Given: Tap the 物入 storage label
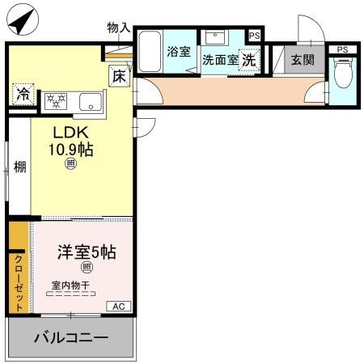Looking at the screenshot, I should point(118,28).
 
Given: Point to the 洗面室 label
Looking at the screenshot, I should point(220,59).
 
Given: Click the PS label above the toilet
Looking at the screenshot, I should point(342,49).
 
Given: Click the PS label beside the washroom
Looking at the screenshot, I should point(255,36).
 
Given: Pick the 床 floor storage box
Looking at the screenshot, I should point(118,78).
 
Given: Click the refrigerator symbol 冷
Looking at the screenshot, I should point(23,93).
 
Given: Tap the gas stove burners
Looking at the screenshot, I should point(57,101).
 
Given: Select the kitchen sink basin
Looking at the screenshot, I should point(91,101).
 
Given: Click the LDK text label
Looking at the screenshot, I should point(70,132).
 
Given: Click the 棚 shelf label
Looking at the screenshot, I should point(19,167).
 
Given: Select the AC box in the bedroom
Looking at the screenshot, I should point(117,306).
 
